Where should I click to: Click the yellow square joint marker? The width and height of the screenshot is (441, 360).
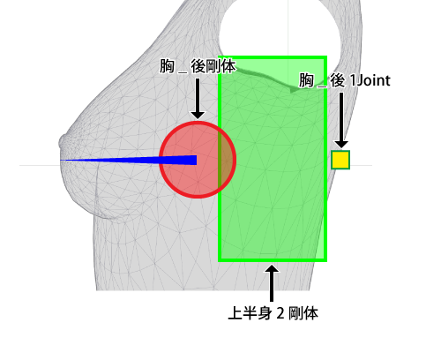pyautogui.click(x=340, y=160)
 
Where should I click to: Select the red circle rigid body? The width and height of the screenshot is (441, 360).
pyautogui.click(x=198, y=160)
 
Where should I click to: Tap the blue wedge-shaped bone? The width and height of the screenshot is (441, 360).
pyautogui.click(x=129, y=160)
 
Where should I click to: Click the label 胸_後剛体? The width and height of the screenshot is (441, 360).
pyautogui.click(x=198, y=66)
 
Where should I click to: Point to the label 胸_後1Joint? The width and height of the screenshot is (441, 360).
pyautogui.click(x=345, y=80)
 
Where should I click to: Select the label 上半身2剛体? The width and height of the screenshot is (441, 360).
pyautogui.click(x=273, y=312)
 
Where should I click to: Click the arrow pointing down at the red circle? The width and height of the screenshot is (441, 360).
pyautogui.click(x=198, y=99)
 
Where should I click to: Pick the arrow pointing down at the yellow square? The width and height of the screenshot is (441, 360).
pyautogui.click(x=341, y=120)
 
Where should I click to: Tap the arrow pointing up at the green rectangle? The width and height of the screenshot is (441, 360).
pyautogui.click(x=272, y=283)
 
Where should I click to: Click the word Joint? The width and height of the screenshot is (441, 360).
pyautogui.click(x=373, y=80)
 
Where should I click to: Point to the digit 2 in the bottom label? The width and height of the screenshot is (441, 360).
pyautogui.click(x=280, y=313)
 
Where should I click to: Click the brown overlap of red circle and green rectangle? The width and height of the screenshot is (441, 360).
pyautogui.click(x=227, y=160)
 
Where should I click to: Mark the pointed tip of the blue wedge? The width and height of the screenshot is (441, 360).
pyautogui.click(x=61, y=161)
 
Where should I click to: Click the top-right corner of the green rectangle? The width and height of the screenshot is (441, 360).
pyautogui.click(x=326, y=56)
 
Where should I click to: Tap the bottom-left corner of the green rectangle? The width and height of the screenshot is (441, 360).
pyautogui.click(x=219, y=261)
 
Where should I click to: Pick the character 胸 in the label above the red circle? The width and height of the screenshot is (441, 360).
pyautogui.click(x=167, y=66)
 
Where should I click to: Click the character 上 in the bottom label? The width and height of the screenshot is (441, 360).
pyautogui.click(x=235, y=313)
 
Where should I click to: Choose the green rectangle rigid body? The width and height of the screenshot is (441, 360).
pyautogui.click(x=273, y=159)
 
